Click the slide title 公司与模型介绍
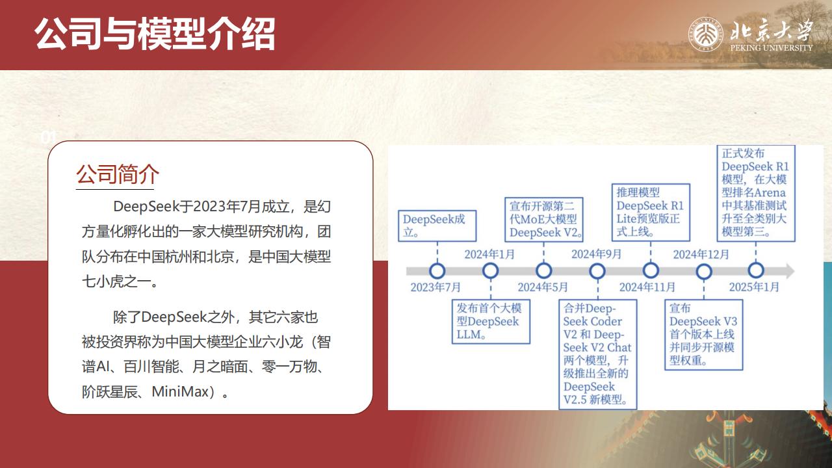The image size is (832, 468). click(155, 34)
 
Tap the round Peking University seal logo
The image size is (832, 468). click(706, 34)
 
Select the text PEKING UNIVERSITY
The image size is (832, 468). click(772, 47)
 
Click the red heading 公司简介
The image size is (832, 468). click(118, 174)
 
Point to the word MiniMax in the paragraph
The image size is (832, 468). click(181, 391)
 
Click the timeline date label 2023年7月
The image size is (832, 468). click(435, 287)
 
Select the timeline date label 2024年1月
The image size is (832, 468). click(489, 254)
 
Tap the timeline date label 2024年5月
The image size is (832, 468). click(543, 287)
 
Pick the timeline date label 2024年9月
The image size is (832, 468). click(597, 254)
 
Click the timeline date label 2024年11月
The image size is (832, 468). click(647, 287)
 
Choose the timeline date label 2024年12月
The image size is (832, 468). click(701, 254)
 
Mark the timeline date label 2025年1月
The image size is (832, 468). click(755, 287)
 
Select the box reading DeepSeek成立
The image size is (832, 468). click(437, 226)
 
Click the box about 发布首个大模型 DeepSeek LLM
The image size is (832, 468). click(491, 322)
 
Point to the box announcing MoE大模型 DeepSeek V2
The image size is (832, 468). click(544, 220)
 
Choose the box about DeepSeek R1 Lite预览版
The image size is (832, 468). click(651, 213)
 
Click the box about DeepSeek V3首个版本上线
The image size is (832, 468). click(704, 335)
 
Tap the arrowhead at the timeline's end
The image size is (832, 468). click(788, 271)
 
